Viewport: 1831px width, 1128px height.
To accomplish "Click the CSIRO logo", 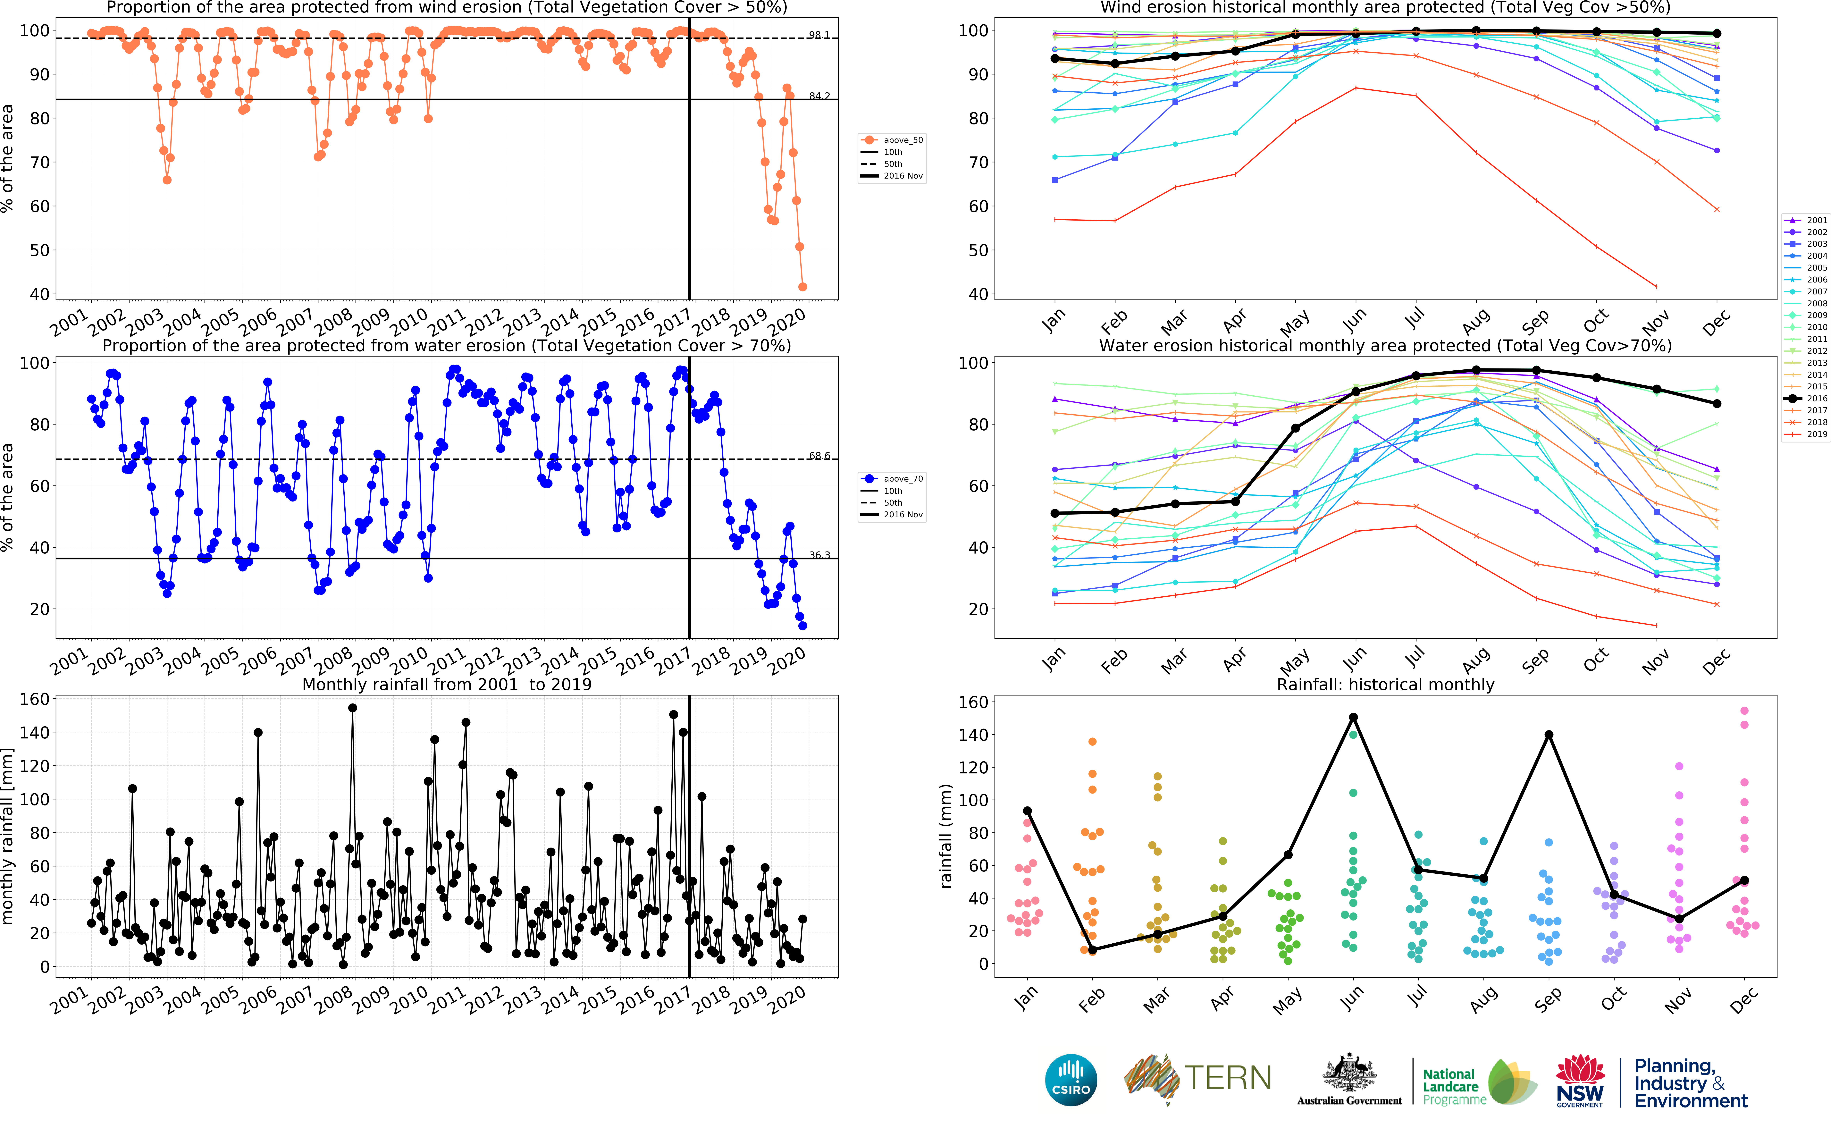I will coord(1071,1080).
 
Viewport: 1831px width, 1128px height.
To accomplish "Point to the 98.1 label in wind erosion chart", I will coord(819,35).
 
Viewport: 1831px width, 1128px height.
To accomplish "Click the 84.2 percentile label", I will coord(819,96).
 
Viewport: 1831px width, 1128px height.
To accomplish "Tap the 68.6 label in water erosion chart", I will coord(819,456).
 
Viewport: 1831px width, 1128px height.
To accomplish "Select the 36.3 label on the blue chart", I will coord(819,555).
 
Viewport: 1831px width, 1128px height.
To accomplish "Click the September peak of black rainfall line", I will coord(1549,735).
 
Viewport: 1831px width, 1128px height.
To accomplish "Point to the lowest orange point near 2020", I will coord(802,286).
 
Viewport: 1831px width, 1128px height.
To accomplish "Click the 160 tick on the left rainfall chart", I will coord(34,699).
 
